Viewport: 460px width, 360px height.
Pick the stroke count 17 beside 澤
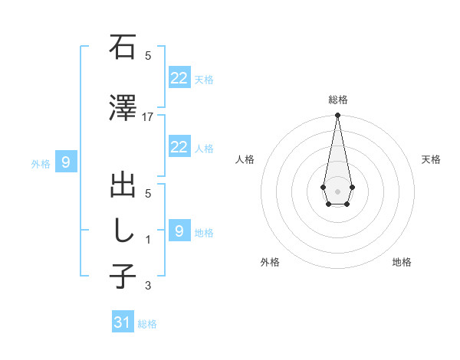(148, 117)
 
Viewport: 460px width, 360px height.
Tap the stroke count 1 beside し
(148, 240)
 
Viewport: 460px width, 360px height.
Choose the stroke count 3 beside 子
(148, 286)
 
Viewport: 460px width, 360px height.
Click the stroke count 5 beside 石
(148, 56)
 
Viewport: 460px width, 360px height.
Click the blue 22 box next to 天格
(179, 78)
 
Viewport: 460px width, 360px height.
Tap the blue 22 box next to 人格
(179, 147)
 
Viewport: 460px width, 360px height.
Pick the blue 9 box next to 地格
(179, 231)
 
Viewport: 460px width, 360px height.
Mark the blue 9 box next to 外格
(66, 162)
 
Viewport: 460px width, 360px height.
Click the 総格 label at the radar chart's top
(338, 100)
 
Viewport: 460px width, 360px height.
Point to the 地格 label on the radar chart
(402, 263)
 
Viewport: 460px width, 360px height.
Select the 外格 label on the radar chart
(270, 263)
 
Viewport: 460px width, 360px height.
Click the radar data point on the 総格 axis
(337, 116)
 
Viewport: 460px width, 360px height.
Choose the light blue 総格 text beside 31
(147, 324)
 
